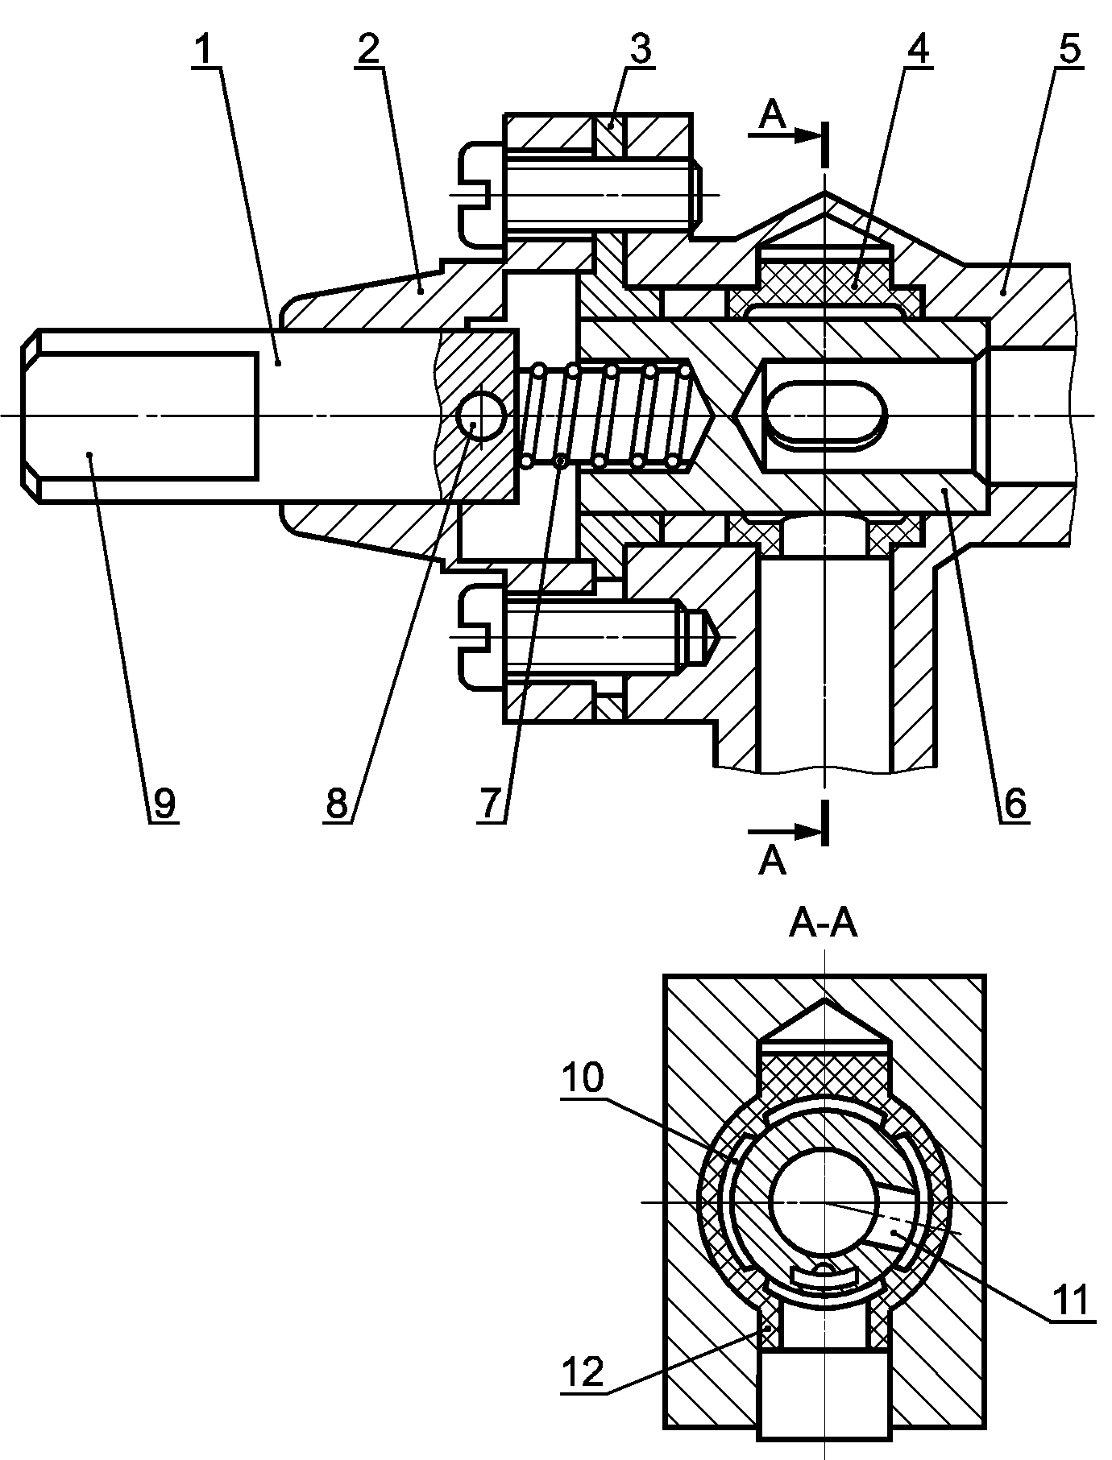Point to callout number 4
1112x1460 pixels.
click(x=917, y=50)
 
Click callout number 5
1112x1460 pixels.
click(x=1069, y=50)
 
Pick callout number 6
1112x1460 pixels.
click(x=1015, y=803)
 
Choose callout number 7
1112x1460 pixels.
click(x=493, y=803)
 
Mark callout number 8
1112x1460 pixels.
click(x=337, y=803)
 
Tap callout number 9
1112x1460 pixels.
click(x=164, y=803)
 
